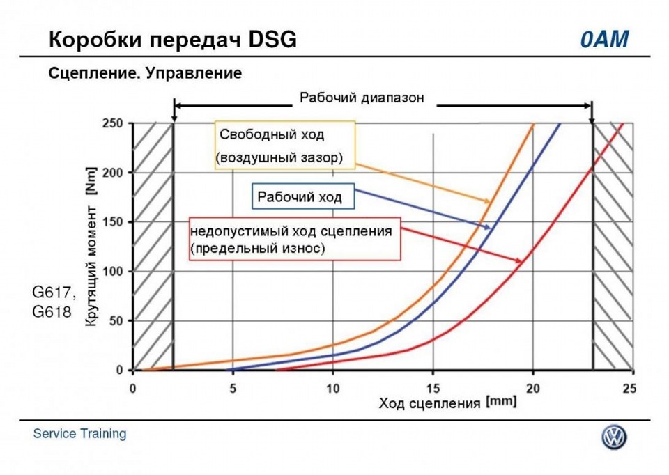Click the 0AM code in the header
click(604, 40)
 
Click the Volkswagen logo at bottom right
click(614, 437)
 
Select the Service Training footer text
click(80, 434)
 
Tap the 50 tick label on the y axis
click(118, 320)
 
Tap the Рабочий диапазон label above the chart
click(361, 98)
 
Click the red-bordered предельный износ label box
click(295, 238)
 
